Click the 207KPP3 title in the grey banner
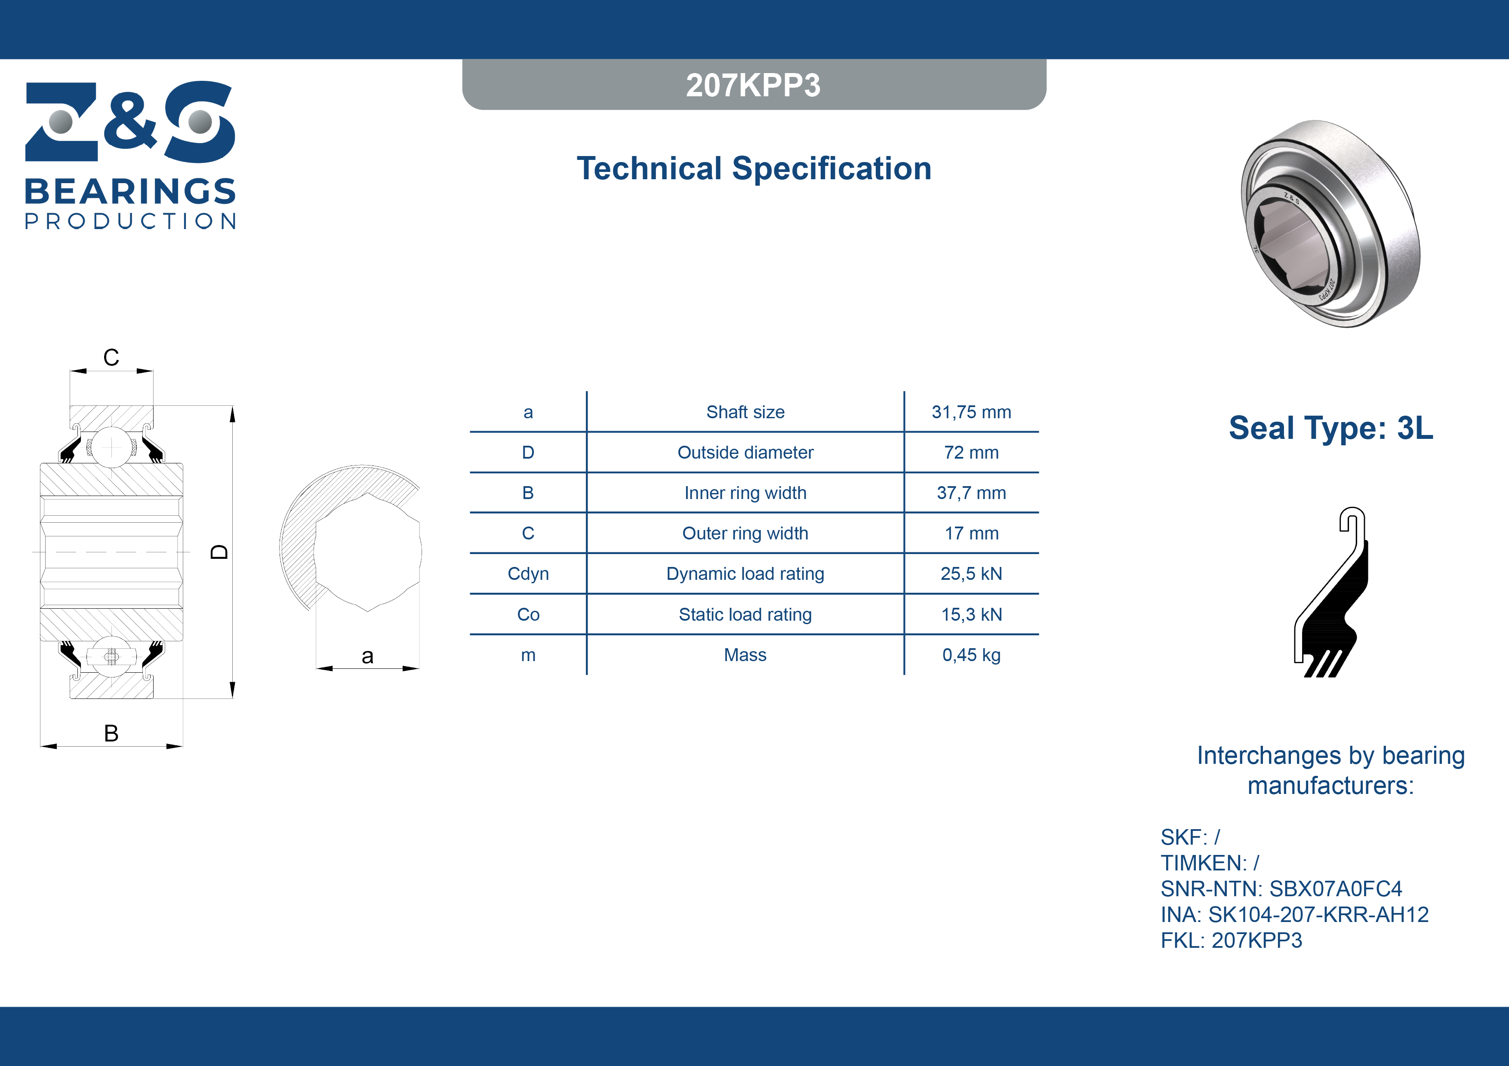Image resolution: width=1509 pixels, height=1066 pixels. tap(753, 85)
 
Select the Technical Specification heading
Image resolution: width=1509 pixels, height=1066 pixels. tap(754, 168)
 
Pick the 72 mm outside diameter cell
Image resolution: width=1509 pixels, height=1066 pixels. tap(971, 453)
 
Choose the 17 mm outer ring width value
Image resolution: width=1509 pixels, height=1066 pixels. tap(971, 533)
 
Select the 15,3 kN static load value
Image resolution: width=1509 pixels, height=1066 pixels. tap(971, 614)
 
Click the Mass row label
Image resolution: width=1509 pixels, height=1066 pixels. tap(745, 655)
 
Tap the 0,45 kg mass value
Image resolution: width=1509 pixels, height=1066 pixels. tap(971, 655)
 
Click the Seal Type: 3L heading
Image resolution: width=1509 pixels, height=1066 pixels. tap(1331, 428)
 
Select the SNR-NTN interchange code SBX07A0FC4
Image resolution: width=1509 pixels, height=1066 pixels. tap(1336, 888)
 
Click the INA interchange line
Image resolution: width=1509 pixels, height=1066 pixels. tap(1294, 914)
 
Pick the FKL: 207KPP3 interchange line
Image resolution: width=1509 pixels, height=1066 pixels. tap(1231, 940)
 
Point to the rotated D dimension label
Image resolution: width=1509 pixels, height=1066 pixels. tap(219, 552)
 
